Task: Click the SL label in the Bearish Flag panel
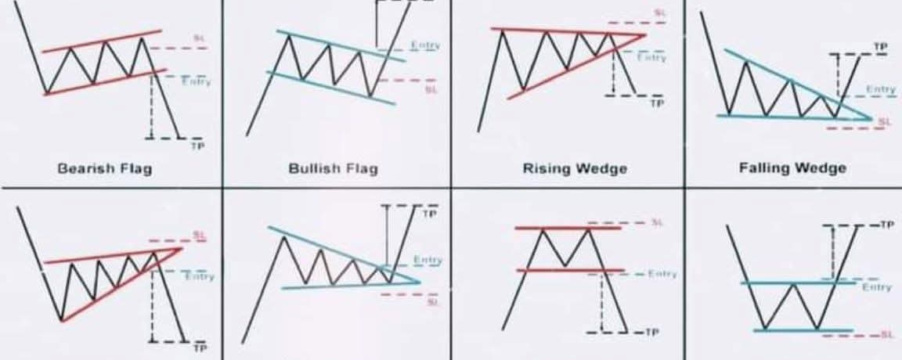click(198, 38)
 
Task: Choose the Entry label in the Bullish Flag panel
click(426, 46)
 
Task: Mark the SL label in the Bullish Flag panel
click(429, 89)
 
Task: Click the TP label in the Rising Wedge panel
click(658, 103)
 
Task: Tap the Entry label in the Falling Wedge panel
click(882, 90)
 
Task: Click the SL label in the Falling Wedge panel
click(885, 121)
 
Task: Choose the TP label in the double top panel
click(652, 333)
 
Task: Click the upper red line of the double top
click(568, 228)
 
